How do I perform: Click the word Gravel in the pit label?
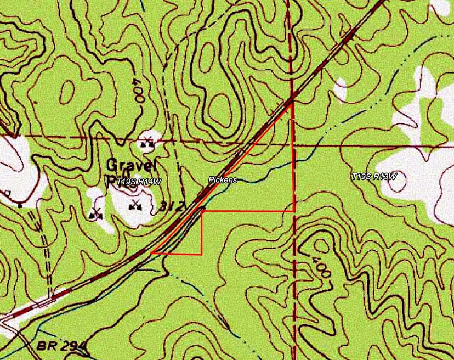click(x=132, y=164)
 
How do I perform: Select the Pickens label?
click(x=222, y=179)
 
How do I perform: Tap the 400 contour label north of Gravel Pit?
click(x=138, y=89)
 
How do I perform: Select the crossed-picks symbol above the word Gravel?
click(x=147, y=144)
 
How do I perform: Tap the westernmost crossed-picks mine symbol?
click(x=97, y=213)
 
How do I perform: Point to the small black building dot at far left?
click(x=20, y=205)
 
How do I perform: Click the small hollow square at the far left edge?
click(x=7, y=194)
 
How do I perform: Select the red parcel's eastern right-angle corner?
click(x=294, y=211)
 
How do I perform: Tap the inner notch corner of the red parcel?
click(x=202, y=211)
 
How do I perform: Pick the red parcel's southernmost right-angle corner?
click(x=202, y=254)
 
